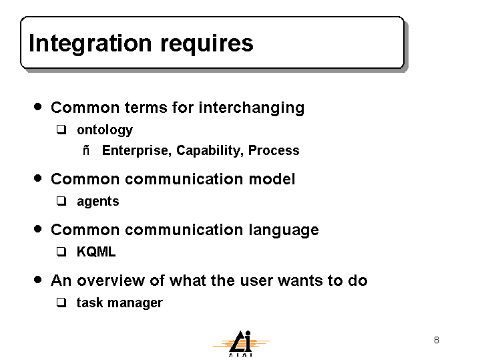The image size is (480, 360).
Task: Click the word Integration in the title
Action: tap(90, 44)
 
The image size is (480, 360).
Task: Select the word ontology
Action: tap(105, 130)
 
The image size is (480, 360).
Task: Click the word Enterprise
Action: tap(137, 151)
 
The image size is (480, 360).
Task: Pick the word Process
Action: tap(274, 150)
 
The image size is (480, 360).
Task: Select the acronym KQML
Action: tap(96, 252)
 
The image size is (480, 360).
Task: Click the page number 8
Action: tap(437, 340)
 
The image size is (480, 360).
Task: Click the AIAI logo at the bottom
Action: tap(241, 343)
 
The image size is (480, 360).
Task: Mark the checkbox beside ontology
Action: tap(61, 130)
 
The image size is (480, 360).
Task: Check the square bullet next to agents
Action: tap(61, 201)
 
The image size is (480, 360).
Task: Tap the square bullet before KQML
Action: tap(61, 252)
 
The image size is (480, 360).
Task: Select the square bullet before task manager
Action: tap(61, 303)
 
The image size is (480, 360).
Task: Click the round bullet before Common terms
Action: tap(38, 107)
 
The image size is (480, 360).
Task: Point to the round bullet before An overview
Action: tap(38, 279)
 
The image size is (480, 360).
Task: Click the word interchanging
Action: tap(251, 108)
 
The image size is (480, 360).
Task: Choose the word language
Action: tap(284, 230)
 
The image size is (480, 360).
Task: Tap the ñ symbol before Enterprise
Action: tap(86, 150)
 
